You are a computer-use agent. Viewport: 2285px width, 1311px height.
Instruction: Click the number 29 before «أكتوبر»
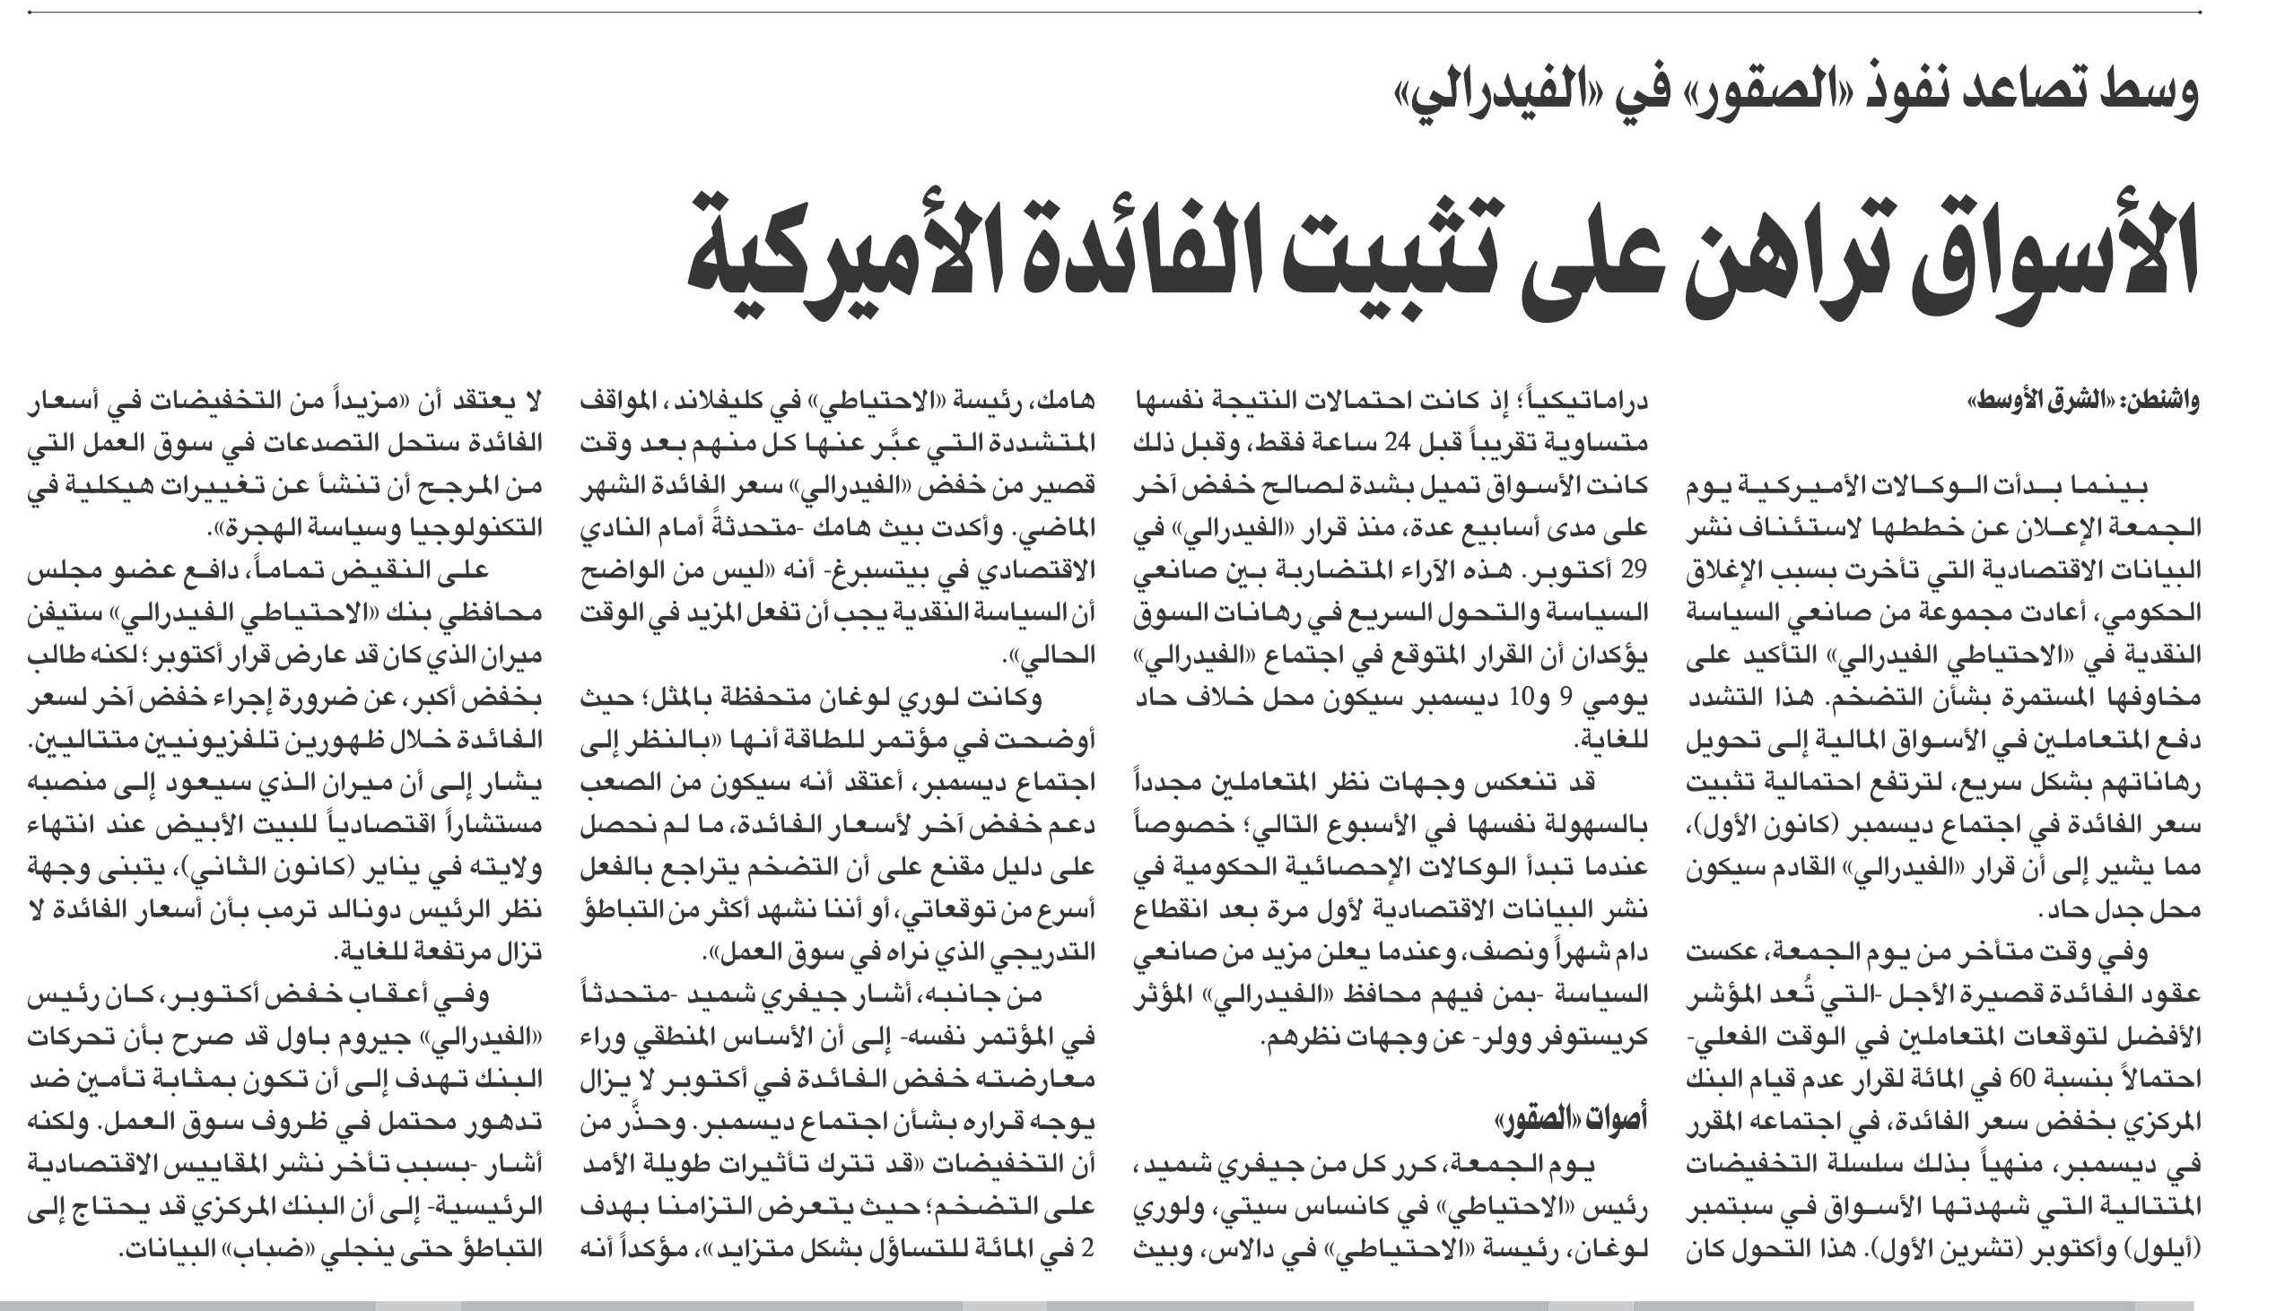(x=1633, y=571)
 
